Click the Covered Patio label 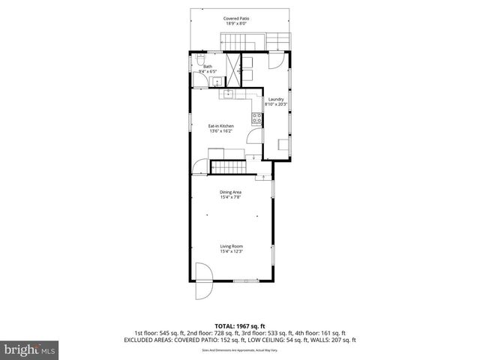coord(236,18)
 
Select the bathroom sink coord(214,81)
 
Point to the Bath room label coord(207,67)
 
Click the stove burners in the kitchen coord(257,118)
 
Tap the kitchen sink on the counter coord(226,94)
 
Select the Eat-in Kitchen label coord(221,126)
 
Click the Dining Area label coord(230,193)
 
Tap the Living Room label coord(231,246)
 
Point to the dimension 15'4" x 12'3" coord(231,251)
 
